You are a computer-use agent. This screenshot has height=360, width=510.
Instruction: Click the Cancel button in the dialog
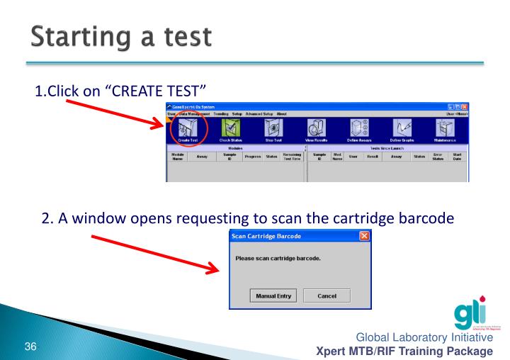[x=326, y=295]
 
